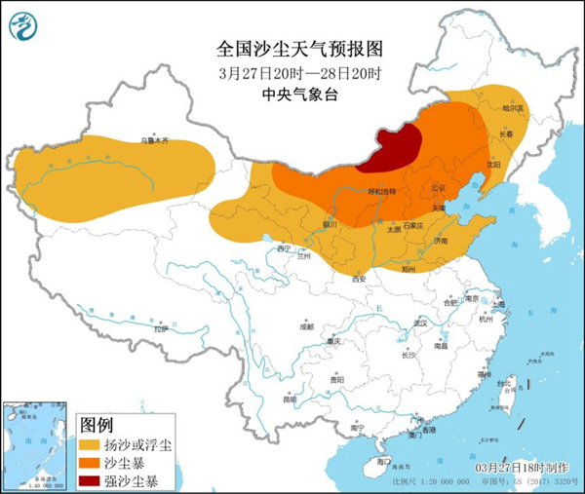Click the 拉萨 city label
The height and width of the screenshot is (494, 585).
(x=160, y=330)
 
